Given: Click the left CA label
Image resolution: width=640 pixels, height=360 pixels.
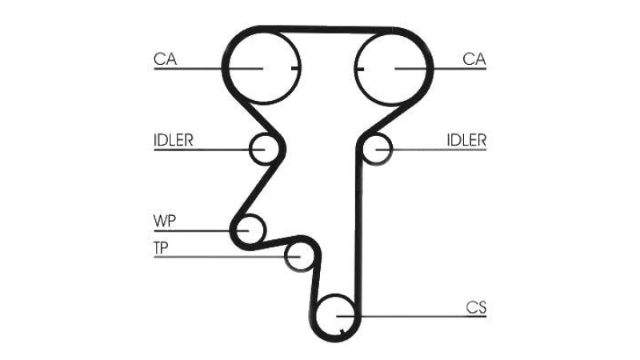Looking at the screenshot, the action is pos(166,59).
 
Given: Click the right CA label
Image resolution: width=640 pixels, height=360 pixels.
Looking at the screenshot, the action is pos(474,59).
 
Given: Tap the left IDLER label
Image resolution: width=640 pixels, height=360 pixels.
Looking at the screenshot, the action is pos(173,141).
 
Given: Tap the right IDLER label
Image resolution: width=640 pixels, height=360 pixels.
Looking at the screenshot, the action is pos(466,141).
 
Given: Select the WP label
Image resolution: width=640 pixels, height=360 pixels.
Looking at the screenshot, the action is pos(165,222).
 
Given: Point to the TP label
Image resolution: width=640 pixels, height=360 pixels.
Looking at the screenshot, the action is pos(161,248).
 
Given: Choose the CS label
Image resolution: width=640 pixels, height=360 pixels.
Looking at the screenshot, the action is pos(476,307).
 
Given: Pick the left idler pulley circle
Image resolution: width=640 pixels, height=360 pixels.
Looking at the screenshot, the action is pos(250,149).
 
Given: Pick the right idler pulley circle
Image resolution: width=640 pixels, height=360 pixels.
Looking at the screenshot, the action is pos(392,149).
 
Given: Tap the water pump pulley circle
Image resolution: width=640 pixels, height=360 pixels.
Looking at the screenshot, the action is pos(266,230).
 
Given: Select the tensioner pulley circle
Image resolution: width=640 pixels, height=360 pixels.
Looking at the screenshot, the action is pos(286,256).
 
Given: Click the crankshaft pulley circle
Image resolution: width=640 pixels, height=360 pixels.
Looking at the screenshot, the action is pos(317,315).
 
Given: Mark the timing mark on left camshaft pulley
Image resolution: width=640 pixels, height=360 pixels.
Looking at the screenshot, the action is pos(295,68).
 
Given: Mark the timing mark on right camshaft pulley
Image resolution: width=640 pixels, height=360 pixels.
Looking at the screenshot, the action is pos(359,68).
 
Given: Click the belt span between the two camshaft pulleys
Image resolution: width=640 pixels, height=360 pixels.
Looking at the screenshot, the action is pos(326,30).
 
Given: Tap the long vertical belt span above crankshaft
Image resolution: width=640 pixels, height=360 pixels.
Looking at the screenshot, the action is pos(358,229).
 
